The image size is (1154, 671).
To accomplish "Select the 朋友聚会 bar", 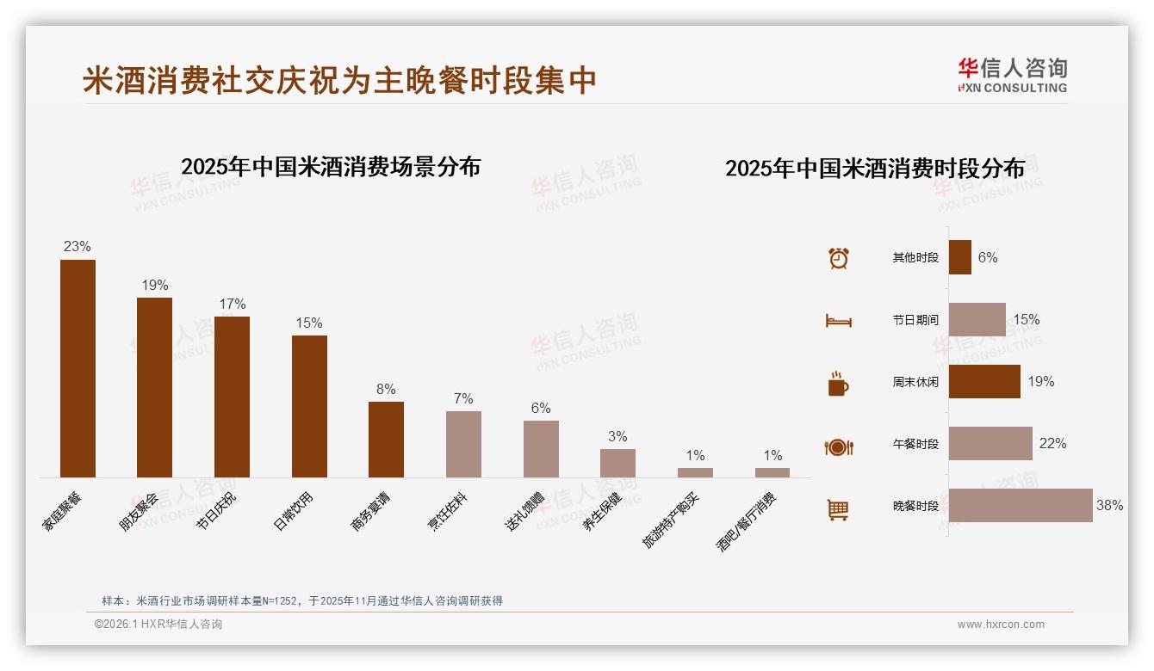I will click(155, 387).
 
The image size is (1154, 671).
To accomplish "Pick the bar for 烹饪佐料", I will click(463, 444).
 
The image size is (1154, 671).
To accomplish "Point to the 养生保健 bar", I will click(617, 463).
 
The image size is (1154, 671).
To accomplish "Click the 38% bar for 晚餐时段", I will click(1021, 505).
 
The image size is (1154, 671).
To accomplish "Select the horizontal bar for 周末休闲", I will click(984, 381).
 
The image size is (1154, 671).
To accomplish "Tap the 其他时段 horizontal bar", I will click(960, 257).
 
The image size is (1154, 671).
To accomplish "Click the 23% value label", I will click(77, 247).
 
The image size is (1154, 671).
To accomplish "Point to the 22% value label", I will click(1052, 443).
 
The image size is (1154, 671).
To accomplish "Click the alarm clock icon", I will click(838, 258).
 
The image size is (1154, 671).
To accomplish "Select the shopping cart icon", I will click(838, 509).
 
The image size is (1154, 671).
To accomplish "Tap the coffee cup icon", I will click(838, 385).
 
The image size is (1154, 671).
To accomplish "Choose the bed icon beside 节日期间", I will click(838, 321).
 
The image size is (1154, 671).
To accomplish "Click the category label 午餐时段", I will click(915, 444).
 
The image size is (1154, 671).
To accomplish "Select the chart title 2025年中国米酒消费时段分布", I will click(874, 168).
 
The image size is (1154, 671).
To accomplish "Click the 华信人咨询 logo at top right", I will click(1013, 75).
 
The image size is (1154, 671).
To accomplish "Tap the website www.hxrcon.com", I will click(1001, 625).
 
